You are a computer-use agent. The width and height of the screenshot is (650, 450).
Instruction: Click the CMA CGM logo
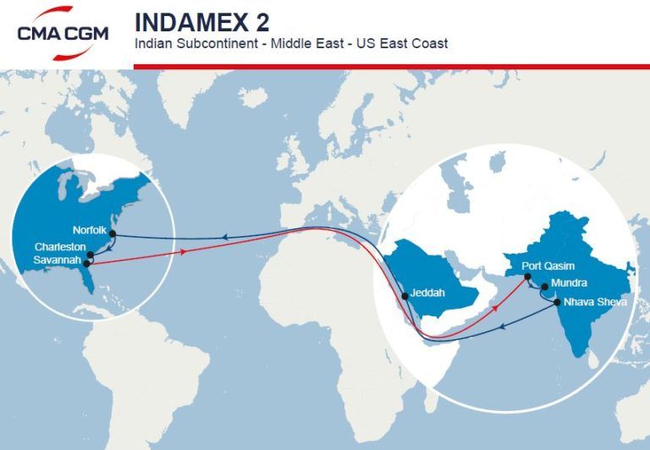[63, 33]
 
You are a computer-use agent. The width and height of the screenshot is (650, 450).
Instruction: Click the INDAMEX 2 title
[201, 21]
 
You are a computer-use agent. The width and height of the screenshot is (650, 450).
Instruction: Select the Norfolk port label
[89, 229]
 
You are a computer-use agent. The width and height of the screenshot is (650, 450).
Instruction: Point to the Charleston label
[60, 246]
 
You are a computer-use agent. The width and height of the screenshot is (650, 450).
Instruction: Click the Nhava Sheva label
[596, 301]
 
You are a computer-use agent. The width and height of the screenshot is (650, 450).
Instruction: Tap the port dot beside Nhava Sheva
[556, 302]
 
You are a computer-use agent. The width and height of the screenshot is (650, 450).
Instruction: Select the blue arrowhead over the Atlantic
[223, 239]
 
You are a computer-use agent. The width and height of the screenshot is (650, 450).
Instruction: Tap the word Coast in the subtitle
[430, 42]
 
